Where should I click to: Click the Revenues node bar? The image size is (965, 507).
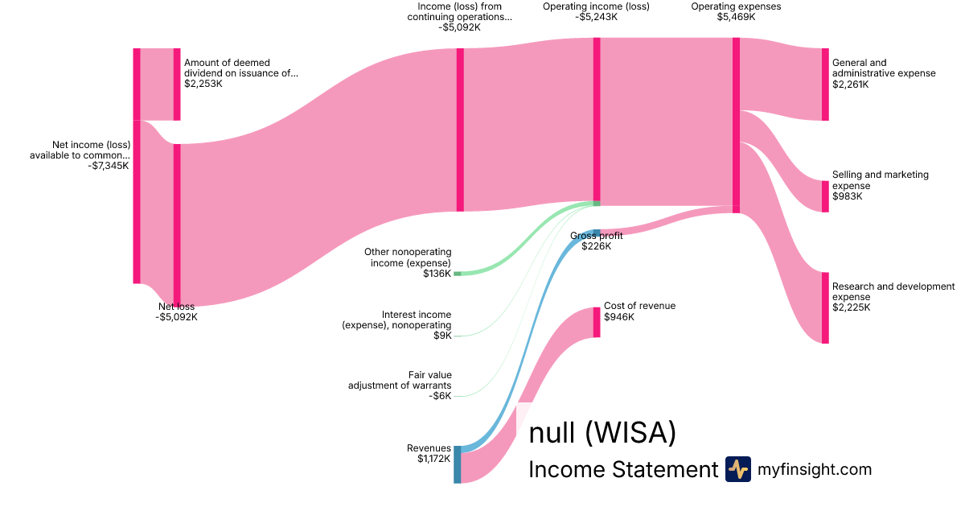click(457, 464)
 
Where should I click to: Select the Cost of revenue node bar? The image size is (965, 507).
click(597, 322)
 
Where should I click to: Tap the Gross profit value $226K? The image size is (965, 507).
click(596, 246)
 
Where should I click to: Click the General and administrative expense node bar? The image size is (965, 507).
click(825, 84)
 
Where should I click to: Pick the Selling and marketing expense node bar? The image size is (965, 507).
click(825, 196)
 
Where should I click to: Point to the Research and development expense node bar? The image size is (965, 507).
click(825, 307)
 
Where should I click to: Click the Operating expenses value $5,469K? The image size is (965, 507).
click(736, 17)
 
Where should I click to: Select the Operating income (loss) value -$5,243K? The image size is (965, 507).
click(596, 17)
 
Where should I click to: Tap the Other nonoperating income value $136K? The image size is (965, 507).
click(437, 274)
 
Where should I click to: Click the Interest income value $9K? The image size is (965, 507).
click(442, 336)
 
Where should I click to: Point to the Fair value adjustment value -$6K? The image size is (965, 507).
click(440, 396)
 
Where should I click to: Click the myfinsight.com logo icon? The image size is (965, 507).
click(738, 469)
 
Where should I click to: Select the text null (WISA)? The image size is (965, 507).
click(602, 432)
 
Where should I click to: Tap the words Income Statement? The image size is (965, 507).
click(623, 469)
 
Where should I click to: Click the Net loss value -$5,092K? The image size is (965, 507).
click(177, 317)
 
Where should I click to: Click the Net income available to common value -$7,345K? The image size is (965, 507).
click(108, 166)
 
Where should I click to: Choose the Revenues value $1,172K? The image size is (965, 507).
click(433, 458)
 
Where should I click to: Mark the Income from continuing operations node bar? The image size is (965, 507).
click(460, 130)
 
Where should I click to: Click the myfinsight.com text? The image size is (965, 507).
click(815, 469)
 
